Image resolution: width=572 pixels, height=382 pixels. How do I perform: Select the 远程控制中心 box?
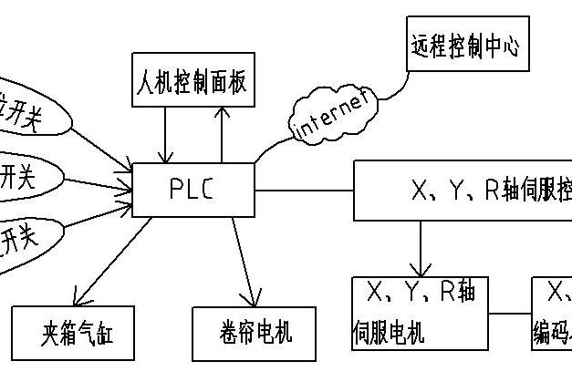[464, 46]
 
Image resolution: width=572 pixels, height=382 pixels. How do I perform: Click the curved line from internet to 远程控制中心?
[394, 87]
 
